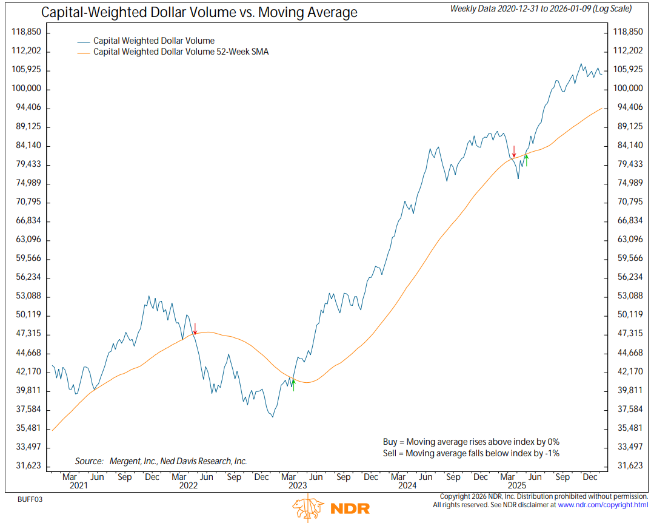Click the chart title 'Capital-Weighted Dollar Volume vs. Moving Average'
[199, 12]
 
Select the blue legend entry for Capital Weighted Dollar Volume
[153, 41]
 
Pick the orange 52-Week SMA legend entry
[180, 52]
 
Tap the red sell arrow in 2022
[195, 329]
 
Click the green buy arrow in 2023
[293, 384]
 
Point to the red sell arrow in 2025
[514, 151]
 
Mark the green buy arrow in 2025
[526, 160]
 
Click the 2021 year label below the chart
[78, 485]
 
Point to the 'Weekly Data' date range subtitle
[541, 8]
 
